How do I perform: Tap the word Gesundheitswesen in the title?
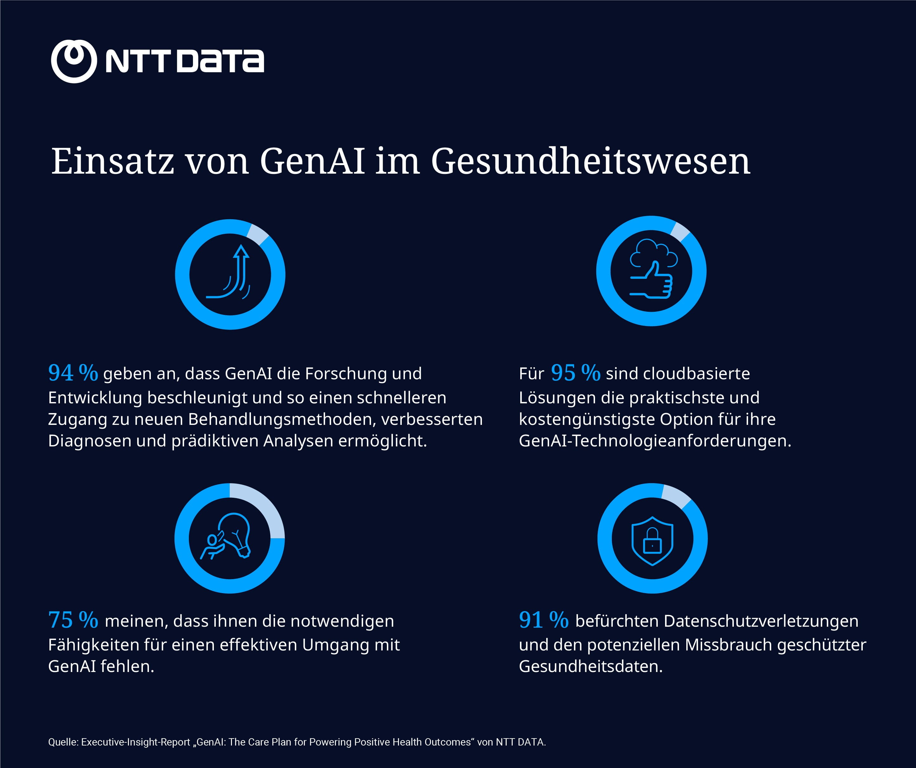[x=590, y=161]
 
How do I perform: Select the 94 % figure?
[x=73, y=373]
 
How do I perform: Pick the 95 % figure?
[x=575, y=373]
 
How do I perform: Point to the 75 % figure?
[x=73, y=620]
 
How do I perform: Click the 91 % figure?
[x=543, y=620]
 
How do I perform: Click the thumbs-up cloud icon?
[x=652, y=270]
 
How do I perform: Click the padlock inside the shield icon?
[x=652, y=541]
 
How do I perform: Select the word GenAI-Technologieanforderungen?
[x=654, y=441]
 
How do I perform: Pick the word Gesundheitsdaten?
[x=590, y=666]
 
